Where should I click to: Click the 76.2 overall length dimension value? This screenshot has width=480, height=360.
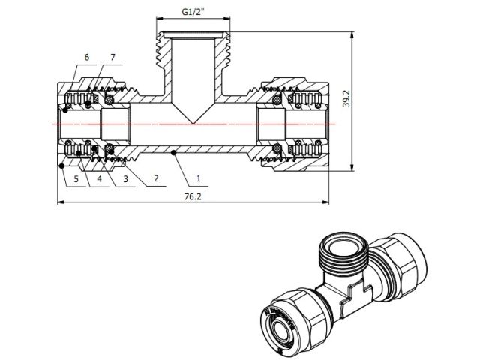(193, 196)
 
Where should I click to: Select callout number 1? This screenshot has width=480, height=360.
(199, 179)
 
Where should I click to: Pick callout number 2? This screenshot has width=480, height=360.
(155, 179)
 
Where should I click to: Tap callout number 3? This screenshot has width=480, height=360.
(125, 179)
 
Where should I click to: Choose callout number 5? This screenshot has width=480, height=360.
(76, 179)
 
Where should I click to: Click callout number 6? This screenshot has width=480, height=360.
(87, 58)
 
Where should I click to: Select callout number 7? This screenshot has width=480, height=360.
(112, 58)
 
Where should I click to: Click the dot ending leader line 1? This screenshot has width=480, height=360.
(173, 153)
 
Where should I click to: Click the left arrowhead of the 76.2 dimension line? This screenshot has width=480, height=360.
(60, 202)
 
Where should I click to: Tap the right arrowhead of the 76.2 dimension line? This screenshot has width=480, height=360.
(325, 202)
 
